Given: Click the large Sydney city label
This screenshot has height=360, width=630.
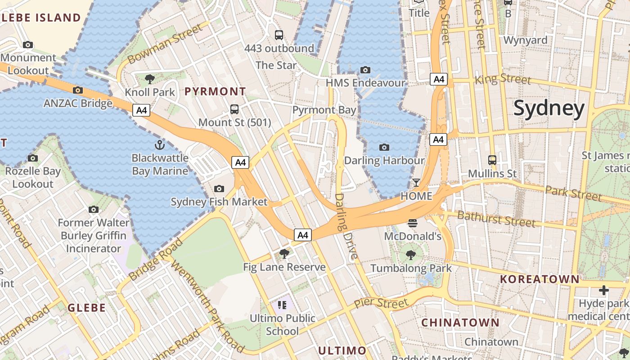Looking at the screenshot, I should (x=549, y=108).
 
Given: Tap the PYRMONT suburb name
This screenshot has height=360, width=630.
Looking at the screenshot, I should (x=215, y=91).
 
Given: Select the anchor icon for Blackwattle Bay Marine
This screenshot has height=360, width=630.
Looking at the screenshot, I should (x=160, y=145).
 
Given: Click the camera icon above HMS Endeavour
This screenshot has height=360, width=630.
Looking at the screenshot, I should (x=365, y=70).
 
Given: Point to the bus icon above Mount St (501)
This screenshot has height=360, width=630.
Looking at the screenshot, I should (x=234, y=109).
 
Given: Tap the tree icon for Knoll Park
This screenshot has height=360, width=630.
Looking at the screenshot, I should (x=150, y=80).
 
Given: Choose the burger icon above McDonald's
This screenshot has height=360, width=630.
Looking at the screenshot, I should (x=413, y=223).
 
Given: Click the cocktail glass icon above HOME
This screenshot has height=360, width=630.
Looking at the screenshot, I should (x=416, y=183).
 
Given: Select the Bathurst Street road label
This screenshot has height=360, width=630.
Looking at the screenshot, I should (x=496, y=219).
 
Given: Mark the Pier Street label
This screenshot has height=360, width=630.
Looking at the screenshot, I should (x=381, y=302).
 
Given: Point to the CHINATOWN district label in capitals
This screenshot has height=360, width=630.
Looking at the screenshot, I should (x=460, y=322).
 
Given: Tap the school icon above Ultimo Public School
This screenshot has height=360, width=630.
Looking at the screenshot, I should (x=282, y=305).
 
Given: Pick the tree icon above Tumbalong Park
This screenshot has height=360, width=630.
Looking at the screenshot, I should (x=410, y=255).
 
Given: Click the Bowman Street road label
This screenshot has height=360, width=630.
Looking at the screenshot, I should (x=165, y=44).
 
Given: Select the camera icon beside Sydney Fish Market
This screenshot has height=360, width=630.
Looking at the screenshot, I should (x=219, y=189).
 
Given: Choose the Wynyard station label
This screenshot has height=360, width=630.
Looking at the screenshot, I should (x=525, y=40).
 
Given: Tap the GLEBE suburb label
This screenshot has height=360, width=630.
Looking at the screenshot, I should (x=87, y=308).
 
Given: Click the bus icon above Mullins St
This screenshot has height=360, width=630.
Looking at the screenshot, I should (x=492, y=160).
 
